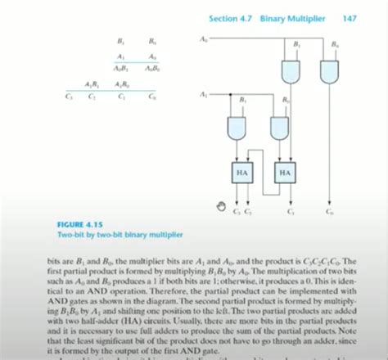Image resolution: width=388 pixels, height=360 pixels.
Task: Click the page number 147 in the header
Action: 350,17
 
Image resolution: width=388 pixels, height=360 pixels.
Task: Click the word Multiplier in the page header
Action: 315,17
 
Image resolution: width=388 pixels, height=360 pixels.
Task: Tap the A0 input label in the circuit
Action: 203,38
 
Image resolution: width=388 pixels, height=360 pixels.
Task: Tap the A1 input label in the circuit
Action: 202,96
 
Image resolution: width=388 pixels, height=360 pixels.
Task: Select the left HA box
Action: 242,173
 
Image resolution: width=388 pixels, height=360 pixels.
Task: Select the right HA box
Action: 285,173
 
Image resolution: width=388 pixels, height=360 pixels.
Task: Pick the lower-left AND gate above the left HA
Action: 239,128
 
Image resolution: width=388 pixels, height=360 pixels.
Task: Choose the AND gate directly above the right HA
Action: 282,128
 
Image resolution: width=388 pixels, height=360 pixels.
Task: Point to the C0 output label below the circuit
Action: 329,213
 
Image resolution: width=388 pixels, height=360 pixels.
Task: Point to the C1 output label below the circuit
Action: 291,213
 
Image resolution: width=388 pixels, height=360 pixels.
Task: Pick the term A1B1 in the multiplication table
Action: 92,84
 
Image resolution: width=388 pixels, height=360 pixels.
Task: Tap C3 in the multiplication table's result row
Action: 69,97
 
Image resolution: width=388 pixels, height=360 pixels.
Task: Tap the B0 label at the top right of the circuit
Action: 335,44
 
